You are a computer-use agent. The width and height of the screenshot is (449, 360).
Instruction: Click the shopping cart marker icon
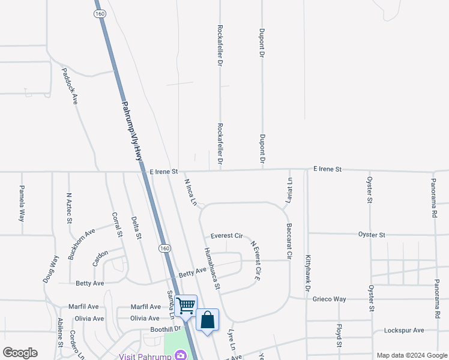(x=185, y=305)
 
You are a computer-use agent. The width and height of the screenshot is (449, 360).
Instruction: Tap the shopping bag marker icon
(x=207, y=319)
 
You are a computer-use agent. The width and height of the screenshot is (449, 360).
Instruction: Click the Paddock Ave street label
(x=70, y=86)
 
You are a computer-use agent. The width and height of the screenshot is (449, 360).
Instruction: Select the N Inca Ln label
(x=190, y=193)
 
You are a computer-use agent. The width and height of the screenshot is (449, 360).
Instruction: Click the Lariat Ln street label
(x=289, y=190)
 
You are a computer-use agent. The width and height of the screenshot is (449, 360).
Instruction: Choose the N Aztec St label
(x=70, y=208)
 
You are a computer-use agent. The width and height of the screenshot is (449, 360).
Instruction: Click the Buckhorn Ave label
(x=82, y=244)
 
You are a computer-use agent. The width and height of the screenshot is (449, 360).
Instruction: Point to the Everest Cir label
(x=226, y=236)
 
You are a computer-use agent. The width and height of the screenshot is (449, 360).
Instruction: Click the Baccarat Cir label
(x=289, y=242)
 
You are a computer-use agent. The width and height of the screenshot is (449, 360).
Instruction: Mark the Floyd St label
(x=339, y=335)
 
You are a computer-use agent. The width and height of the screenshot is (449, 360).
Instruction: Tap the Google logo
(x=20, y=353)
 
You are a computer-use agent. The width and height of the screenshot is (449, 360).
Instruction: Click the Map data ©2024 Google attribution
(x=411, y=355)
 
